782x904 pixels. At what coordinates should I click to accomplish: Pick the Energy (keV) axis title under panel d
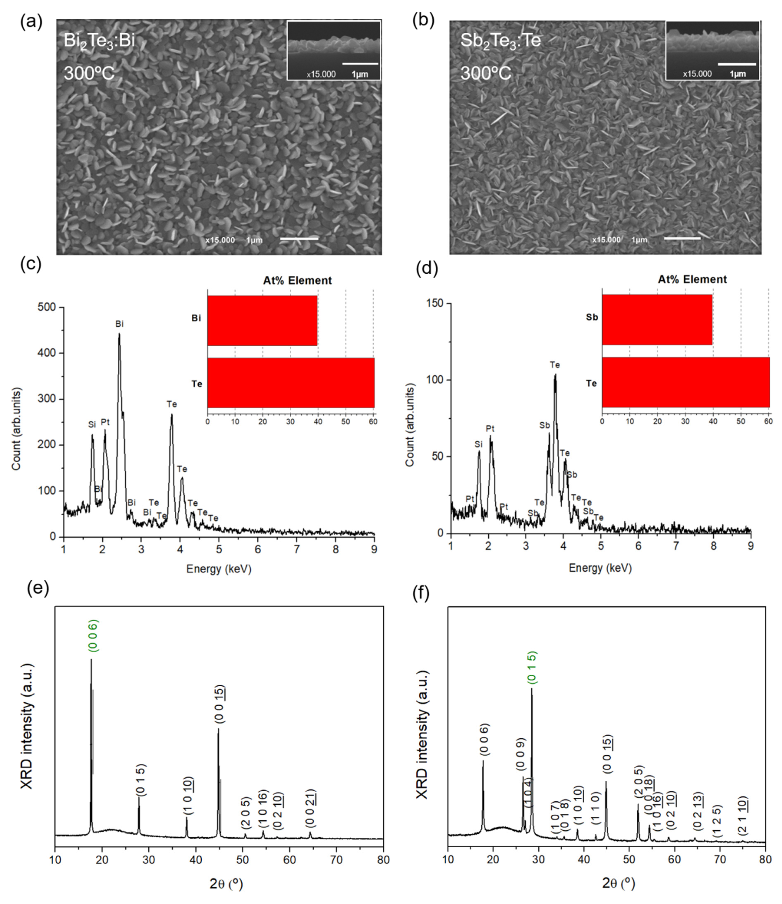coord(600,568)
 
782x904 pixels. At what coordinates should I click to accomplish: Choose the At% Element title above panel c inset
coord(297,280)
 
